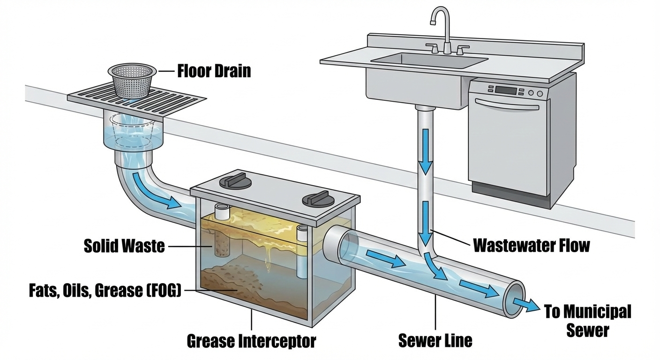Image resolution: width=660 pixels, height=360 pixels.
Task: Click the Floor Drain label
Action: point(214,71)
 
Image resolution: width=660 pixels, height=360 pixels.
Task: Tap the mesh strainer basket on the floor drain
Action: point(131,80)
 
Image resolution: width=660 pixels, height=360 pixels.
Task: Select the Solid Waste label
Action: point(124,246)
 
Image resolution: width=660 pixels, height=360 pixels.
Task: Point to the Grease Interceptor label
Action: point(251,341)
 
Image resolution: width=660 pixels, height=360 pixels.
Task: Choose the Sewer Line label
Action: point(435,340)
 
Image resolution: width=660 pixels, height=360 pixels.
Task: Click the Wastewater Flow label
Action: point(531,245)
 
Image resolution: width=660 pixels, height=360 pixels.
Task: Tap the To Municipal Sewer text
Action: point(588,321)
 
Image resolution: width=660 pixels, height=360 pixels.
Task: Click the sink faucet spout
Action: point(440,19)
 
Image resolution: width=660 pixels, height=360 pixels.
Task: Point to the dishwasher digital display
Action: point(505,90)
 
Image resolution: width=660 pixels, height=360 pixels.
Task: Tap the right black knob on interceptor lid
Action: point(314,199)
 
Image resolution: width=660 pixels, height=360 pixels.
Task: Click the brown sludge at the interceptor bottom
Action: point(234,281)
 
